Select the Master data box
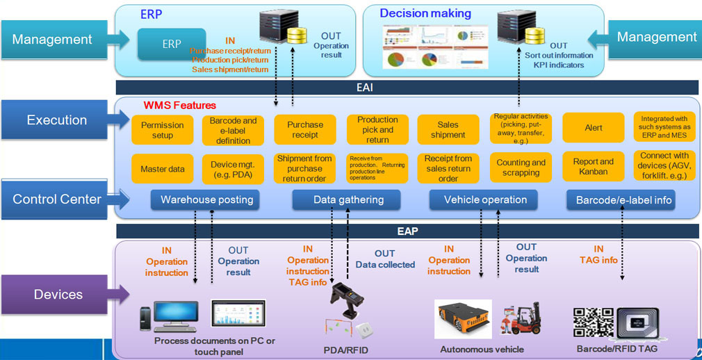163,169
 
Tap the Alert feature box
593,128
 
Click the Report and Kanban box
593,167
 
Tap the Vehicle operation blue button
486,200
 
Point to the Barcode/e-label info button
621,201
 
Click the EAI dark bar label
407,88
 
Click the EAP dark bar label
407,231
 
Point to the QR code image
593,322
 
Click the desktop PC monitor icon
174,316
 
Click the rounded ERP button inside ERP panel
172,44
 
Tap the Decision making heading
425,13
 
